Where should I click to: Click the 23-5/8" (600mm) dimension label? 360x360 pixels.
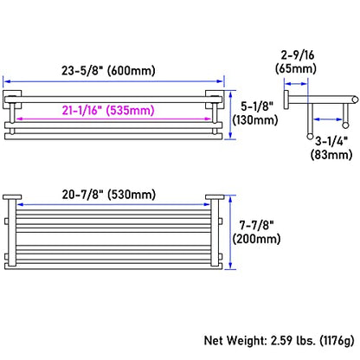coord(108,70)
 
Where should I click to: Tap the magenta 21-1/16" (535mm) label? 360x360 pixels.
coord(108,110)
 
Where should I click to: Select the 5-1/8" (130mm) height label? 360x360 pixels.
coord(255,113)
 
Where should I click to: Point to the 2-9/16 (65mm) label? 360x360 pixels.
coord(296,61)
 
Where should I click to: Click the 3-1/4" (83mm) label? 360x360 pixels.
coord(331,148)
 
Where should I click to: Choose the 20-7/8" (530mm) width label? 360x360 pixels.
coord(109,195)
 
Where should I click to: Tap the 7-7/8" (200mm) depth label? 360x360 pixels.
coord(256,232)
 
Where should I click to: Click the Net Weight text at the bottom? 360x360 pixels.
coord(279,341)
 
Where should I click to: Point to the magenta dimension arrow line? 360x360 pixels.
coord(114,119)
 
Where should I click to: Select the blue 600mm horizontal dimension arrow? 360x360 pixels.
coord(114,81)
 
